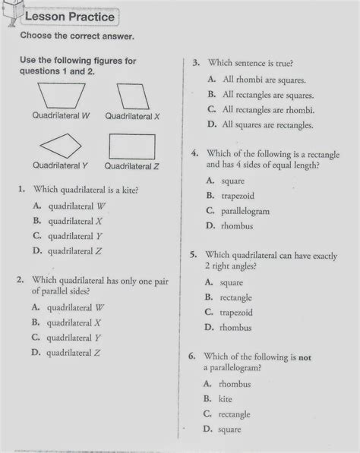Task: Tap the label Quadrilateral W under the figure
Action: tap(61, 116)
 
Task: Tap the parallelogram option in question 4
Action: tap(245, 211)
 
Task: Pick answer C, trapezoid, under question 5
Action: tap(236, 312)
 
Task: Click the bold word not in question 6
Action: tap(305, 356)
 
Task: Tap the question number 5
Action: tap(194, 255)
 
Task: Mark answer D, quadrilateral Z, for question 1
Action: tap(74, 251)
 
